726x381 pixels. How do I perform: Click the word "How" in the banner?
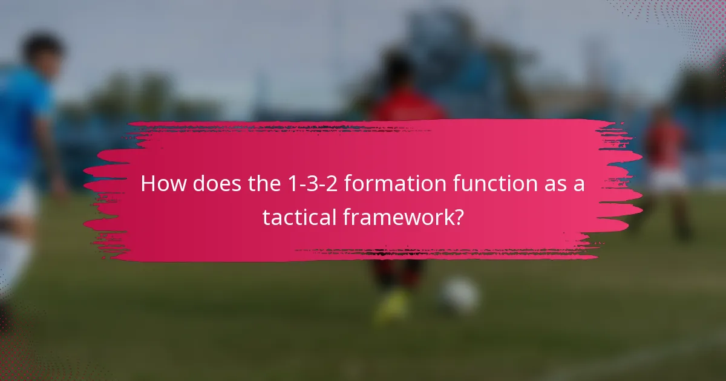162,184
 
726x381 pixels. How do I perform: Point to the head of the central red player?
399,70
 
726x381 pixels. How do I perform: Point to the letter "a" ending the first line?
579,184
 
